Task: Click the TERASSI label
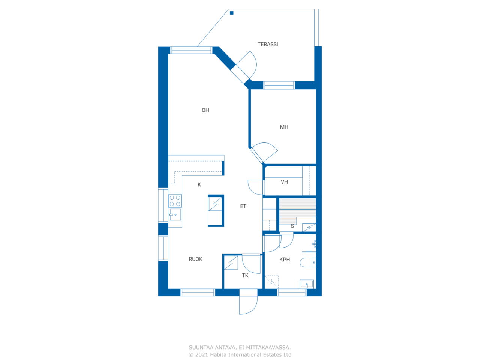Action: [x=268, y=44]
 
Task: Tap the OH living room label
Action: [x=205, y=110]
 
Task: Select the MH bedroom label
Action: [x=284, y=127]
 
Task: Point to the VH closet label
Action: [x=284, y=182]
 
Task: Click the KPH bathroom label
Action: [x=285, y=259]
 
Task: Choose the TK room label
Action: [x=245, y=275]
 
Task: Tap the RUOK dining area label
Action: [x=195, y=259]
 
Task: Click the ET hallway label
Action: [x=243, y=206]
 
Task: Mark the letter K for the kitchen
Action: [x=199, y=185]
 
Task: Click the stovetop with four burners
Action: [x=175, y=201]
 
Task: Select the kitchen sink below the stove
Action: [x=175, y=214]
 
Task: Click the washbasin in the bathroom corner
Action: [x=307, y=284]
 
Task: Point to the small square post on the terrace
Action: [x=232, y=13]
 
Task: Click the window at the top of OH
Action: [x=191, y=50]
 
